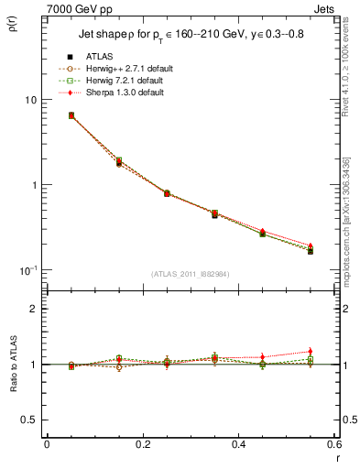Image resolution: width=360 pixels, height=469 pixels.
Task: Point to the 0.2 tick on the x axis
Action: point(143,445)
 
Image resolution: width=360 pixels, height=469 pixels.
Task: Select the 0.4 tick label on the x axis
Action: point(239,445)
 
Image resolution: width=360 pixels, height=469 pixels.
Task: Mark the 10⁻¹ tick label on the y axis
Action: point(30,269)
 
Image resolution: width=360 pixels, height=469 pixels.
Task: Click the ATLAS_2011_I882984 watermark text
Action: point(191,273)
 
